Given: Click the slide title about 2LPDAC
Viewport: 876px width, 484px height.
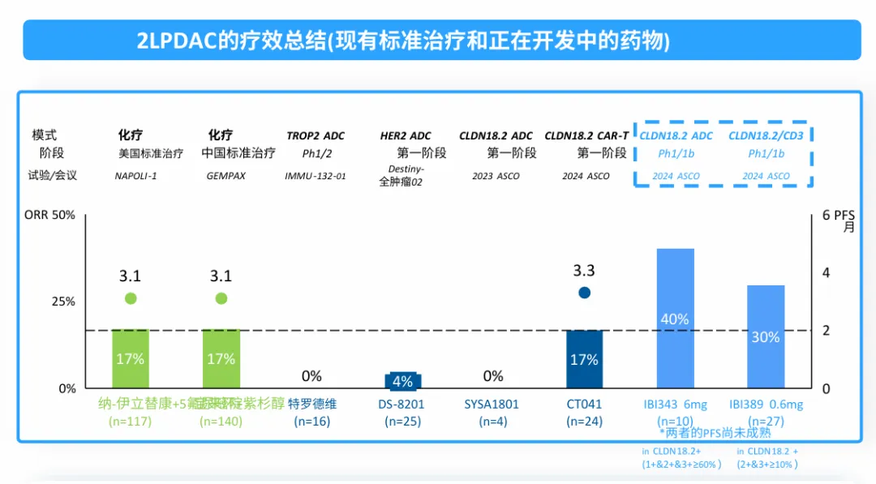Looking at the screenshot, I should click(x=403, y=41).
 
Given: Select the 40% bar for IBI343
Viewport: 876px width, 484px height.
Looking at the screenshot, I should click(x=674, y=318).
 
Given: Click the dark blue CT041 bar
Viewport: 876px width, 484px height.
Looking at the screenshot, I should click(x=584, y=358).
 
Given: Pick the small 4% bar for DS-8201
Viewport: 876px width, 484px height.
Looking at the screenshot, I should click(x=402, y=381).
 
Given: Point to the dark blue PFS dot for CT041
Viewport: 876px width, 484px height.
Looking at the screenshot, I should click(x=584, y=293).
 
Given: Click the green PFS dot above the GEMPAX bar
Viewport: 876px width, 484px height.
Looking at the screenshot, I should click(x=221, y=298).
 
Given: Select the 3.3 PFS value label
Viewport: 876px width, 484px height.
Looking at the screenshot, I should click(x=584, y=271).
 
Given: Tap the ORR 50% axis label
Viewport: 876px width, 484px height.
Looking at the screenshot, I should click(x=50, y=215).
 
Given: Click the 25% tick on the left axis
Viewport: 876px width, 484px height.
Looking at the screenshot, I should click(x=63, y=302).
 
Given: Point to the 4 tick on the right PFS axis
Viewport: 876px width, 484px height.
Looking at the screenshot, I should click(x=827, y=272).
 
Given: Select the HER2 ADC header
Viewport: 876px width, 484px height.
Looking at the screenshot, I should click(x=406, y=135).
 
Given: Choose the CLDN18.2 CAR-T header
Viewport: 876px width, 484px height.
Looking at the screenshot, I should click(x=586, y=135).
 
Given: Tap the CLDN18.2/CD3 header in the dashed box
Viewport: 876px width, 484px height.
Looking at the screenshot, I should click(x=766, y=135).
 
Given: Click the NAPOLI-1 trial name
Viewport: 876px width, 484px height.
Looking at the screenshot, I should click(x=136, y=175).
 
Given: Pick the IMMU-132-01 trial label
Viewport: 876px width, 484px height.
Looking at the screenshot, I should click(x=315, y=175).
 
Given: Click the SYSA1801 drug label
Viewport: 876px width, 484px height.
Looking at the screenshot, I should click(x=492, y=404).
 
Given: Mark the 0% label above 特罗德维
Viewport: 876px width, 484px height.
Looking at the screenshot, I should click(x=311, y=376).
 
